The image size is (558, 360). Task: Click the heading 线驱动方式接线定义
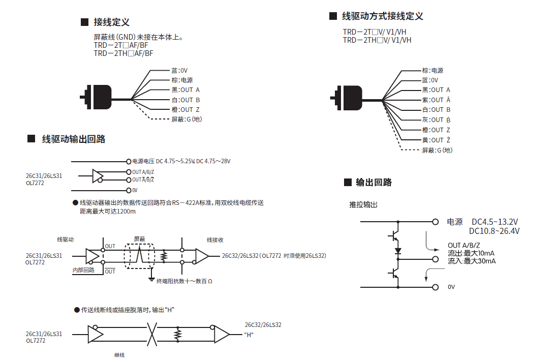(382, 16)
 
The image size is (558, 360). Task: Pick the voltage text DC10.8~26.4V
(494, 231)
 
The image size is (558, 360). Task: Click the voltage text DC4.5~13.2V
(494, 222)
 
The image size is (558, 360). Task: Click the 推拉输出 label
(363, 204)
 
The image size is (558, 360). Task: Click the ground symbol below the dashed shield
(151, 278)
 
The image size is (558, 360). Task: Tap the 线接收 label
(215, 239)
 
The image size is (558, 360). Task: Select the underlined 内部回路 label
(83, 270)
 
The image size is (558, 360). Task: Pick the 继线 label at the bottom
(119, 355)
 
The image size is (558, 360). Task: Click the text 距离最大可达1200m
(108, 212)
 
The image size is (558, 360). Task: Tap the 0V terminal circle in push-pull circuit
(435, 287)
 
